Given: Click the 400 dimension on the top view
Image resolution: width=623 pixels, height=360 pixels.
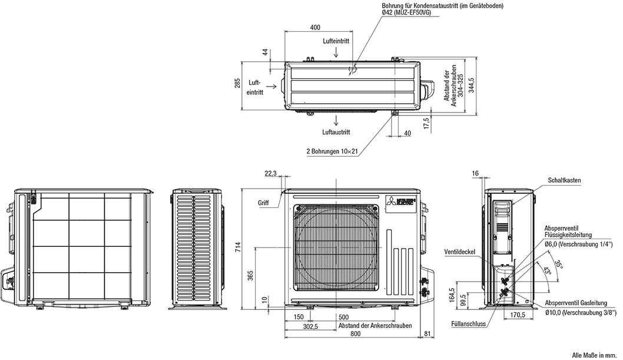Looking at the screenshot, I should [x=315, y=27].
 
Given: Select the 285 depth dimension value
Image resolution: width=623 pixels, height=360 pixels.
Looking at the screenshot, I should [x=237, y=84].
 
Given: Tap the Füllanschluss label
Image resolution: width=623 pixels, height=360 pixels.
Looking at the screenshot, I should [x=469, y=323].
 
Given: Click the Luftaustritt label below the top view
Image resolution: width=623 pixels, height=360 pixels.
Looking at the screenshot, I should [x=336, y=132].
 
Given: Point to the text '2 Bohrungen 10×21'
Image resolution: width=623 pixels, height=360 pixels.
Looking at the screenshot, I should [x=332, y=151].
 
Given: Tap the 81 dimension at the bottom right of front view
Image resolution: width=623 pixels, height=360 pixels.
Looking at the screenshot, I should [x=427, y=334].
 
